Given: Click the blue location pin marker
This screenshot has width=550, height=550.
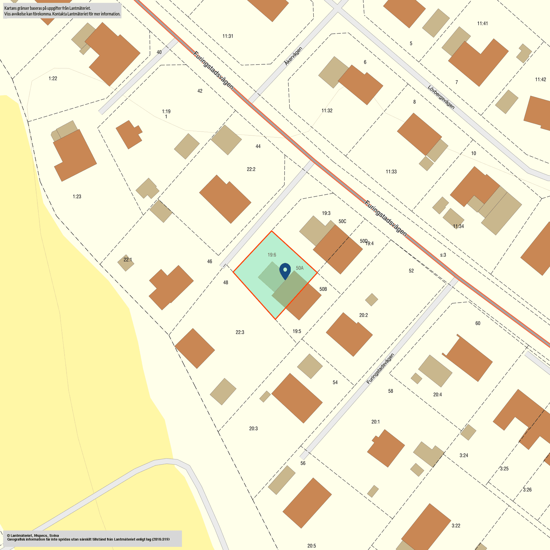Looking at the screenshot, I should (285, 270).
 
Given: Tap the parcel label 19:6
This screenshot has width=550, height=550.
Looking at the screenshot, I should (272, 255).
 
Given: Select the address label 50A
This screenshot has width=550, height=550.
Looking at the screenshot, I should (300, 268).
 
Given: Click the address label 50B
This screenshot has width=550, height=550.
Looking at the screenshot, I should (323, 289).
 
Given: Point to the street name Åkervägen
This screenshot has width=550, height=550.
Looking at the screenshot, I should (293, 56).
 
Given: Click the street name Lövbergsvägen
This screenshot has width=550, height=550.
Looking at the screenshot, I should (441, 97).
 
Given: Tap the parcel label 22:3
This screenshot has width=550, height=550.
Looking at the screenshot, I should (240, 332).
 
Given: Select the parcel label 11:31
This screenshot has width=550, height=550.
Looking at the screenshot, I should (228, 36).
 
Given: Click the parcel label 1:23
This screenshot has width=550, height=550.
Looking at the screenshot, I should (77, 197).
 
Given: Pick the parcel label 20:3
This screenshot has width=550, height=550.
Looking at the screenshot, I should (253, 428).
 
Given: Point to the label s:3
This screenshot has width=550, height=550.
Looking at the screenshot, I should (443, 255).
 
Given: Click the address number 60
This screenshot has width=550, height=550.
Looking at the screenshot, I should (478, 323).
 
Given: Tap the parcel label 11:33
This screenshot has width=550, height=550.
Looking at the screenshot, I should (391, 172).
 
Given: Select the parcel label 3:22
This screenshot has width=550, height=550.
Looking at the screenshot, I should (456, 526).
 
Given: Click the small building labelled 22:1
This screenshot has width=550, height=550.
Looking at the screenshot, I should (126, 263).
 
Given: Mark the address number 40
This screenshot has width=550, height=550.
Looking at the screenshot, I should (159, 52).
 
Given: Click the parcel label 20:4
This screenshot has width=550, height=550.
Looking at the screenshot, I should (437, 395).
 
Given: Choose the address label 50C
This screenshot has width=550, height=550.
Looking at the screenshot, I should (342, 221).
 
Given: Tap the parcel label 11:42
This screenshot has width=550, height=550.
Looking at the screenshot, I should (540, 79).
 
